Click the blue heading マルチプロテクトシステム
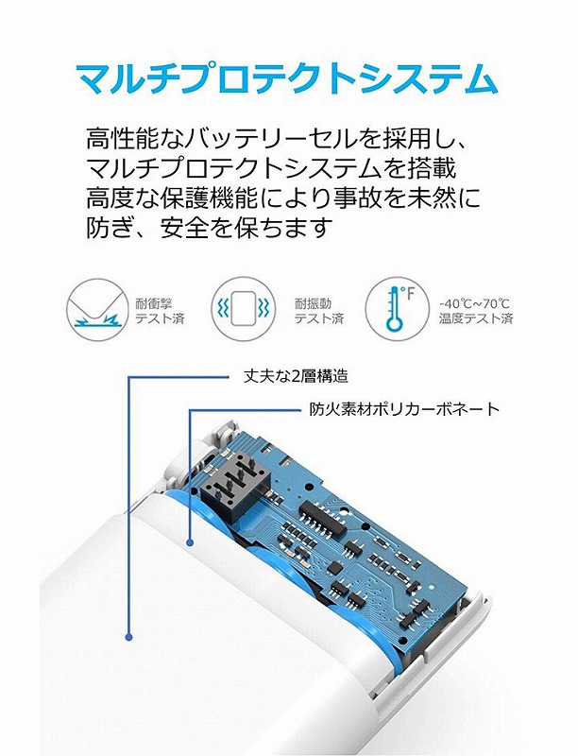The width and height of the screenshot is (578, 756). (287, 78)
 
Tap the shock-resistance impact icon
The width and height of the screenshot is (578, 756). (99, 310)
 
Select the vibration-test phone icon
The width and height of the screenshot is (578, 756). (244, 309)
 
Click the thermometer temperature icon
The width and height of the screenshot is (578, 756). (397, 309)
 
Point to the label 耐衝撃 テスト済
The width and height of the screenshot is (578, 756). (160, 311)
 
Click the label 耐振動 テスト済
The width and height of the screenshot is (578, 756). (319, 311)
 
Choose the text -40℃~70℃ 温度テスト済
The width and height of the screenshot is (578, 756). (476, 311)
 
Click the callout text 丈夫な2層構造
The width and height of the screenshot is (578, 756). (296, 376)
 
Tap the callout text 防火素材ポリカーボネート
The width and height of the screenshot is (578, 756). (404, 409)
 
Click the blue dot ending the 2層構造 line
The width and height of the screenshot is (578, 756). (128, 637)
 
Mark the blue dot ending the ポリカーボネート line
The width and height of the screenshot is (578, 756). (190, 542)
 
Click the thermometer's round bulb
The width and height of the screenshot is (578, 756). (395, 323)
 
